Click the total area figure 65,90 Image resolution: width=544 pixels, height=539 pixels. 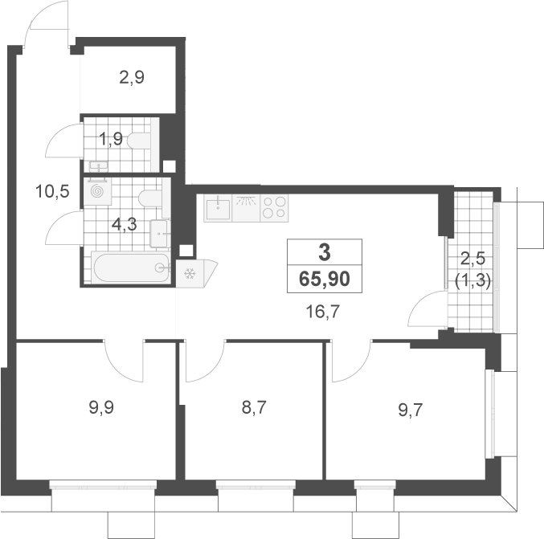tap(325, 280)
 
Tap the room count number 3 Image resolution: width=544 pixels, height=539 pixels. tap(325, 252)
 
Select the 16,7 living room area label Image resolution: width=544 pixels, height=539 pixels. tap(323, 312)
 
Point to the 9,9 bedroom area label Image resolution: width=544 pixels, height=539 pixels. tap(101, 407)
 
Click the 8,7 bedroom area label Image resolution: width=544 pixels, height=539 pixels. tap(254, 407)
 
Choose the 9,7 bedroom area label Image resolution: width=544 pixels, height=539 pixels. tap(411, 410)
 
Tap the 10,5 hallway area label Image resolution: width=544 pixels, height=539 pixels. tap(52, 191)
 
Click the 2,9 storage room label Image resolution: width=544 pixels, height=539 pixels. tap(132, 77)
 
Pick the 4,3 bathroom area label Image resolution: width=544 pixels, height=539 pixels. tap(125, 225)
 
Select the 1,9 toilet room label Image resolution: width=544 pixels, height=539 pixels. tap(111, 140)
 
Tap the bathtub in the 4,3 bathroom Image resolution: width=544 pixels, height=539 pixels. tap(131, 267)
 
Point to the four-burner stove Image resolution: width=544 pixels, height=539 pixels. tap(274, 207)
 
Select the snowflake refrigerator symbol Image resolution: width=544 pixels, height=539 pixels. tap(190, 274)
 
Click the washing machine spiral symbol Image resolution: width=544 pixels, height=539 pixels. tap(97, 191)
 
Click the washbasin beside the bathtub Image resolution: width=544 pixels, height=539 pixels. tap(160, 234)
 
